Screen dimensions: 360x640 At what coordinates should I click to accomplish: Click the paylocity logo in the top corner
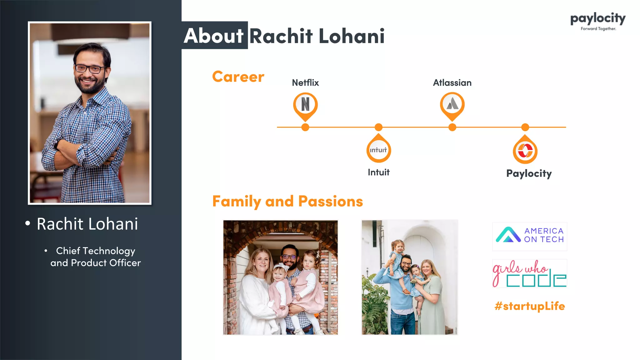click(598, 21)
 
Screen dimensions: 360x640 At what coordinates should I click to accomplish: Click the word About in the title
click(214, 36)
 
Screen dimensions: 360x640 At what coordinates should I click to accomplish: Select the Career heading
click(238, 77)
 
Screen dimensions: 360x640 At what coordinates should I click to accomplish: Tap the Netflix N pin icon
click(305, 104)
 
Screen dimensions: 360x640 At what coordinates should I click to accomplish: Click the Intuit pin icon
click(378, 150)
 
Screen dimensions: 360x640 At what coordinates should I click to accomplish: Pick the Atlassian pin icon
click(452, 104)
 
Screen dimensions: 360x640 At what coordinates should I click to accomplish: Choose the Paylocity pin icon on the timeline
click(525, 151)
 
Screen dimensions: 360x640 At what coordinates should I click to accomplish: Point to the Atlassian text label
click(452, 83)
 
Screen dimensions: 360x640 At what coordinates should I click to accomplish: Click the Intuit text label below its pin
click(378, 172)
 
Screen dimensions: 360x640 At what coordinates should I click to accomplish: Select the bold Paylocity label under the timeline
click(529, 173)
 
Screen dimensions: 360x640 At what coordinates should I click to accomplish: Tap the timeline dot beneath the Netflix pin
click(305, 127)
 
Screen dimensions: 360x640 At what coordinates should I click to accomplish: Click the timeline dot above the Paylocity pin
click(525, 127)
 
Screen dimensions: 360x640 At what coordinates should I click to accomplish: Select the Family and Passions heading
click(287, 201)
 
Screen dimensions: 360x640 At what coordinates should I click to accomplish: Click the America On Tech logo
click(530, 236)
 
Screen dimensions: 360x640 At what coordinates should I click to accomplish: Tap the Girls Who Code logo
click(530, 273)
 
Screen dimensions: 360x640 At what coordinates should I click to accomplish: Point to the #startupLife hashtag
click(530, 306)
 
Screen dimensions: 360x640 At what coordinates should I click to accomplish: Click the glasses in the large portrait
click(90, 68)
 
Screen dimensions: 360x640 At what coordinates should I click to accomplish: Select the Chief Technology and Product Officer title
click(96, 257)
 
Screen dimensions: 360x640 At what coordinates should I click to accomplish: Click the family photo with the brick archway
click(280, 277)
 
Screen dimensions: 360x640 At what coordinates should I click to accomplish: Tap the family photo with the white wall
click(409, 277)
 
